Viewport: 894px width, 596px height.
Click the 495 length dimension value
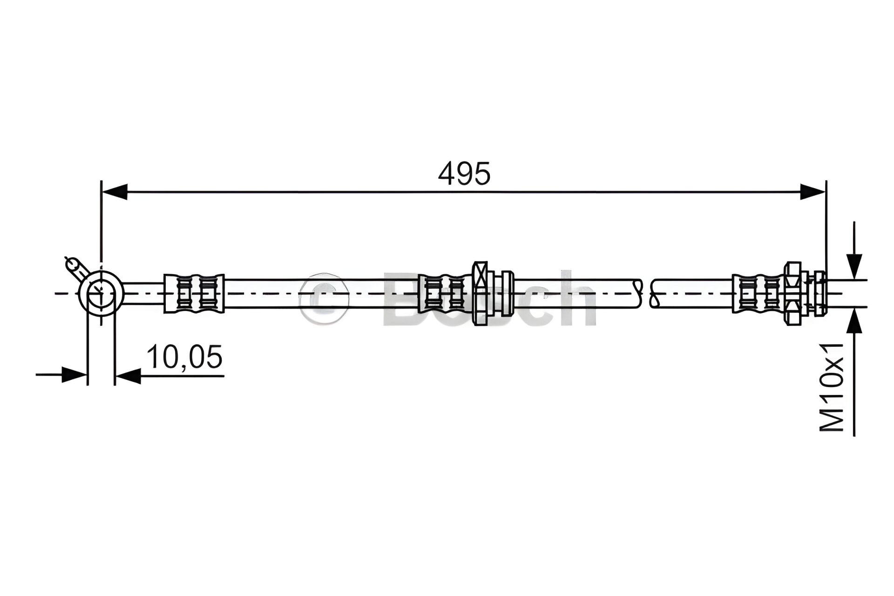(464, 174)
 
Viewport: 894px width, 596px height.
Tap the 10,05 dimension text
(184, 357)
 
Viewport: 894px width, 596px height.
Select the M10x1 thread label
(832, 387)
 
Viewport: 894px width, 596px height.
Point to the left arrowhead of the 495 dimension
(114, 191)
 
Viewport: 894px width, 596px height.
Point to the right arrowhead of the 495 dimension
(813, 191)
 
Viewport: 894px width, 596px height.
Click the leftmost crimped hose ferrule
(194, 293)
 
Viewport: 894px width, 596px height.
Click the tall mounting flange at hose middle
(480, 293)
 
